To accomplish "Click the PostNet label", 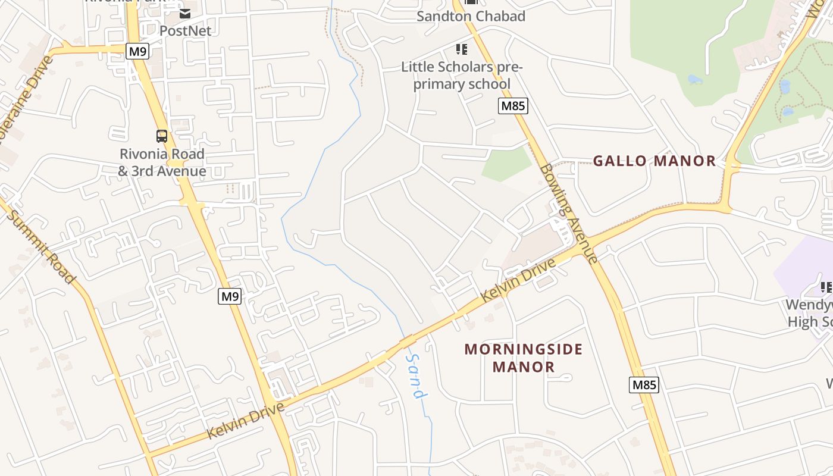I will tap(185, 30).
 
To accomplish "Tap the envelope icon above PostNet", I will tap(185, 13).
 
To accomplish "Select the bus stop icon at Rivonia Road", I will tap(162, 136).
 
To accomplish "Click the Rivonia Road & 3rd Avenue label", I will tap(162, 162).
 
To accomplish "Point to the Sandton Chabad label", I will tap(471, 16).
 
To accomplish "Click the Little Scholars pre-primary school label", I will tap(461, 76).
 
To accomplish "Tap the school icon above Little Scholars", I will tap(462, 49).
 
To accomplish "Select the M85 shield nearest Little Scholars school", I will tap(513, 106).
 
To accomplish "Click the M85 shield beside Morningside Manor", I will tap(644, 384).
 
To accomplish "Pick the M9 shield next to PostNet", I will tap(137, 51).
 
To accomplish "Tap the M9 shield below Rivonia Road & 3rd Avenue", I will tap(230, 296).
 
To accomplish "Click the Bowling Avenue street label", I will tap(568, 213).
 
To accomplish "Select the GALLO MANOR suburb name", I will tap(654, 161).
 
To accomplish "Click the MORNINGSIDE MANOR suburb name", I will tap(524, 358).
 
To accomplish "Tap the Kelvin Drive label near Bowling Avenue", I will tap(519, 280).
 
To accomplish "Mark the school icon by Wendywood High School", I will tap(826, 288).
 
